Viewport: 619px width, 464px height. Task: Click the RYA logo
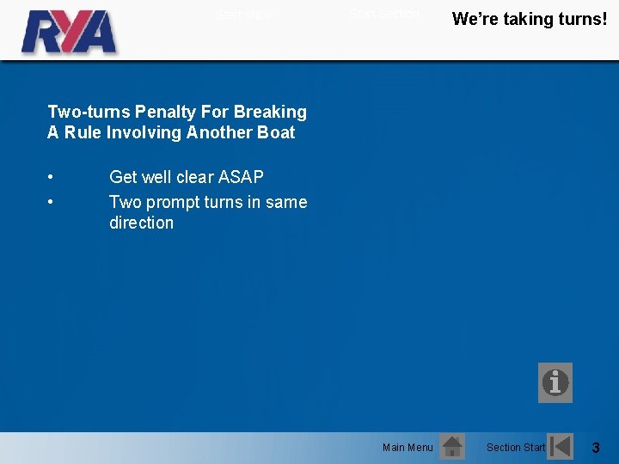pos(69,32)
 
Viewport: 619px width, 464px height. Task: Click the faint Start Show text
pos(243,15)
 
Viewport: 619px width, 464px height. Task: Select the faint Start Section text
pos(384,14)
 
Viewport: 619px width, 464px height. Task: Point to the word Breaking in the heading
pos(270,112)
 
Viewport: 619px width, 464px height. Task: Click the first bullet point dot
pos(52,178)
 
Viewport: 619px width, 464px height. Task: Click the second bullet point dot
pos(52,203)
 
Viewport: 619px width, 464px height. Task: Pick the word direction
pos(141,223)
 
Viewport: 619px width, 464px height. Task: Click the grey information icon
pos(555,382)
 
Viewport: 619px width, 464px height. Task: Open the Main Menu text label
pos(408,447)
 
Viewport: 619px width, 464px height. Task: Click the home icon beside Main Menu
pos(451,447)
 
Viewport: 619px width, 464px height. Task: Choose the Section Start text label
pos(516,447)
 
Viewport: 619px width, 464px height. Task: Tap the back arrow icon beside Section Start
pos(561,447)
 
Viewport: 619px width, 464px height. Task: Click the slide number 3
pos(597,447)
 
